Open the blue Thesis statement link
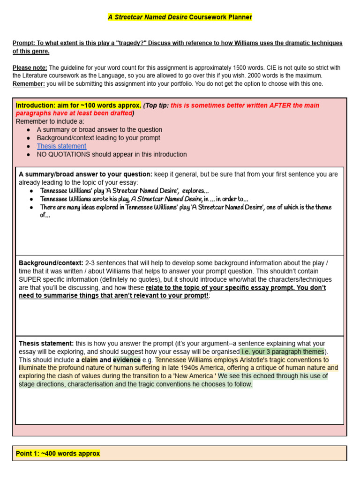click(x=61, y=146)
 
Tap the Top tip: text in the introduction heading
click(x=157, y=105)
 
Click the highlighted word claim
click(x=90, y=360)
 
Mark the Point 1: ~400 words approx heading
click(x=58, y=453)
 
